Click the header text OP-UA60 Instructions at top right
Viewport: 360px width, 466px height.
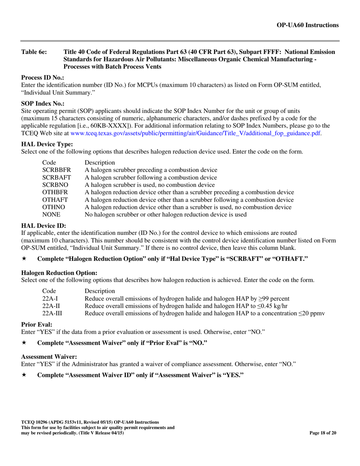coord(308,25)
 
